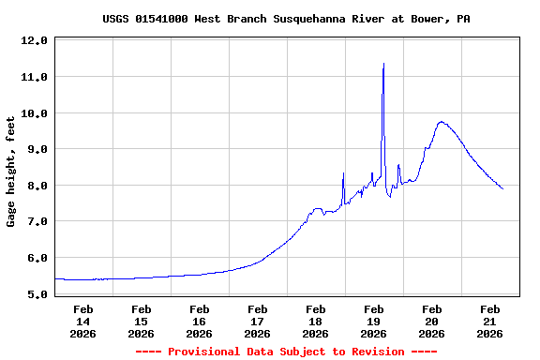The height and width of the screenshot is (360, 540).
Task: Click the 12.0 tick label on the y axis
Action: tap(34, 41)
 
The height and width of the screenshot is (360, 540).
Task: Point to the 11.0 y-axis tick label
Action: tap(34, 77)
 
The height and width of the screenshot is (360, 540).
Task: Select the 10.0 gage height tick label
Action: tap(34, 113)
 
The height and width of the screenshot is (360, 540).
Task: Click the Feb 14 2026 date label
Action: tap(82, 321)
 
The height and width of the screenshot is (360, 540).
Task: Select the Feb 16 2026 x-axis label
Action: tap(199, 321)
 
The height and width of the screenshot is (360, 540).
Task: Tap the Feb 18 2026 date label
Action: tap(315, 321)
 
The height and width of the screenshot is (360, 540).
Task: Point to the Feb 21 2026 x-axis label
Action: tap(489, 321)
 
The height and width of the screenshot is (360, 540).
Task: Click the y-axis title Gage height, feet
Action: tap(11, 172)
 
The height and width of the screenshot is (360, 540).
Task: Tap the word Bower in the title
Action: tap(430, 19)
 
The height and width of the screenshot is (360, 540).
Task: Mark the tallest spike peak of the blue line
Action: tap(383, 64)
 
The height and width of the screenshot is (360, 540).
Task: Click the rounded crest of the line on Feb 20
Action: tap(442, 122)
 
